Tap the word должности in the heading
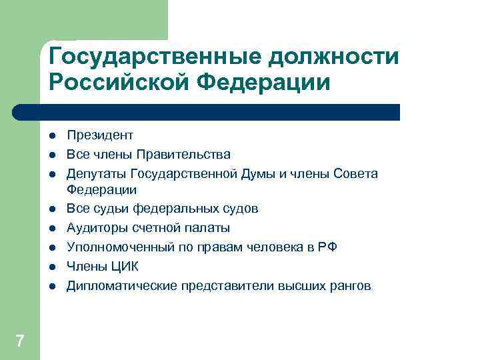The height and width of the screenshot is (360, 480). coord(333,57)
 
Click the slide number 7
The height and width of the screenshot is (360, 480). coord(20,341)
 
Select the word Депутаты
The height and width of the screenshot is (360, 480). coord(97,174)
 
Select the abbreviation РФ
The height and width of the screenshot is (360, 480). coord(328,247)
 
